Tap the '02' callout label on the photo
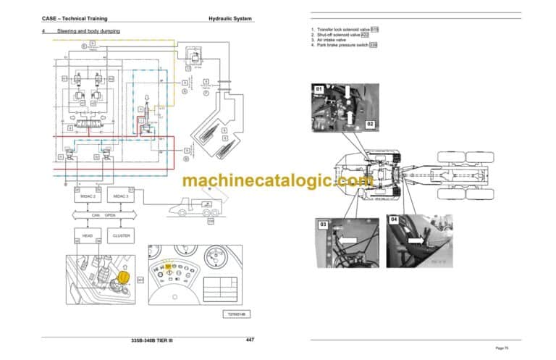click(x=370, y=125)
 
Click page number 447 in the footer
click(x=250, y=340)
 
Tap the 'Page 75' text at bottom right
click(x=511, y=348)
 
